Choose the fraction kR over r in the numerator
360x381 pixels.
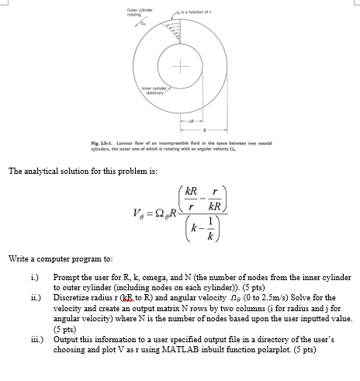pyautogui.click(x=191, y=199)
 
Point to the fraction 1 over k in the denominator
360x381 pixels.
pyautogui.click(x=205, y=228)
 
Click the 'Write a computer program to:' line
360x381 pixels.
pyautogui.click(x=54, y=258)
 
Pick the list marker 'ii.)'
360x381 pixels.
pyautogui.click(x=33, y=296)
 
